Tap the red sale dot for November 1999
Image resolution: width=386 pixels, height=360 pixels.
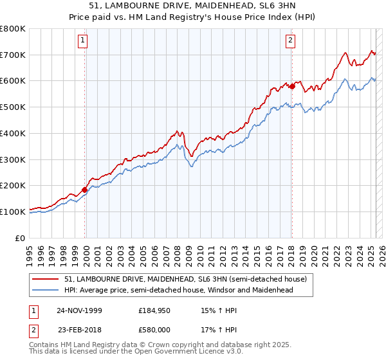[84, 190]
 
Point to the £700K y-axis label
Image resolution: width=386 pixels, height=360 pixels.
[13, 55]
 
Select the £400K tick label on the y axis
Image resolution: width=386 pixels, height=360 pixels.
[13, 134]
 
